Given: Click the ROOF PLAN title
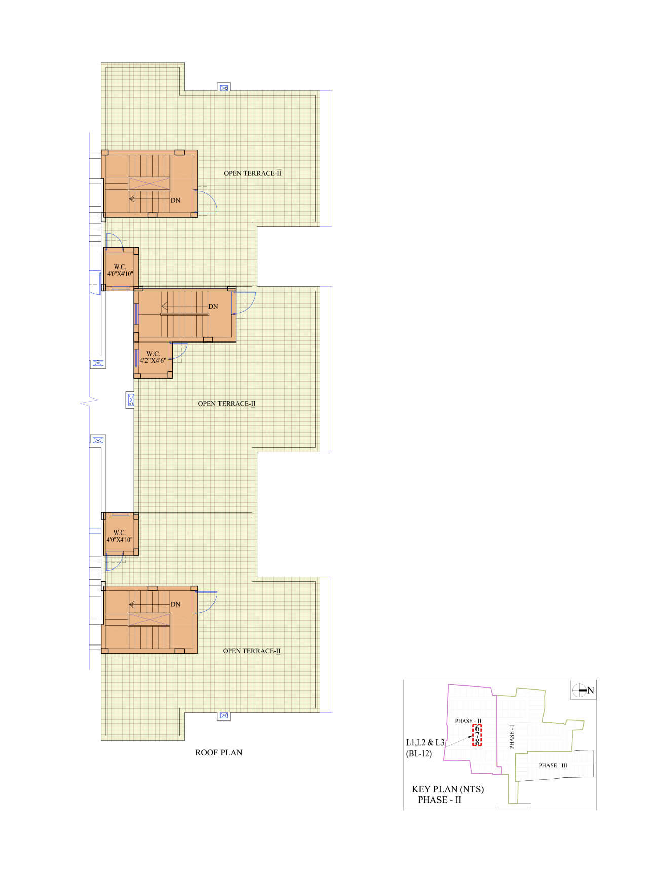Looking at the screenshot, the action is [219, 752].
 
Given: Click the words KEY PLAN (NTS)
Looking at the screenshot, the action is [448, 789].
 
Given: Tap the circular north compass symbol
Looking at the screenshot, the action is [579, 690].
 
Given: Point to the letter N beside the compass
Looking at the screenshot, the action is [591, 690].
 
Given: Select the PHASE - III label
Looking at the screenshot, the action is [553, 765].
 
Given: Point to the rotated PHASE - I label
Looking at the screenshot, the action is [512, 737].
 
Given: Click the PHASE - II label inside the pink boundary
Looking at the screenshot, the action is [468, 721].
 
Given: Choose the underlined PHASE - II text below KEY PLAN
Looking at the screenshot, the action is [440, 800].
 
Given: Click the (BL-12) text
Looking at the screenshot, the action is [419, 753].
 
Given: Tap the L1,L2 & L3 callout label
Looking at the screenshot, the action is [425, 742].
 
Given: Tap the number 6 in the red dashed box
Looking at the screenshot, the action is [477, 729].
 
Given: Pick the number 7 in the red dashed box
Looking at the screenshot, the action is [477, 735].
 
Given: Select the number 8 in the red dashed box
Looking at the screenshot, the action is [477, 742].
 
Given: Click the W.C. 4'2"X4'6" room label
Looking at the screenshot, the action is [153, 357].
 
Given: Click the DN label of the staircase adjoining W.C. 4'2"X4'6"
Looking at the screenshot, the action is [213, 307].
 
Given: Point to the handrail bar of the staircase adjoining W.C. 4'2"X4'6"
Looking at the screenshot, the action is [185, 314].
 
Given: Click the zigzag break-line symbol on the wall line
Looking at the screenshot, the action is [89, 403].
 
